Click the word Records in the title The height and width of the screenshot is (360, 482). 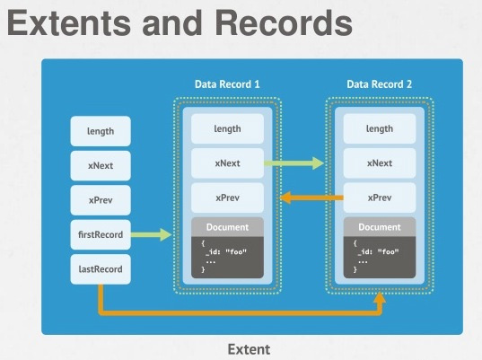pos(284,23)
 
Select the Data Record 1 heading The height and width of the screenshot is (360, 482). pos(227,84)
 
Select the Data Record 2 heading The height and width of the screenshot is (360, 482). pos(380,84)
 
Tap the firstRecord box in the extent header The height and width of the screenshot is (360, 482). pos(101,234)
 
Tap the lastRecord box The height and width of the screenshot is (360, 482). pos(101,269)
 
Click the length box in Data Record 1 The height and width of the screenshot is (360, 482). pos(227,128)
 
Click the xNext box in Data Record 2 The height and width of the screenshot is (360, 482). pos(380,162)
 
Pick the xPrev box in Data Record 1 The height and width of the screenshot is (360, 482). pos(227,198)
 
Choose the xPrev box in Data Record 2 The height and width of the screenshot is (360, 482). pos(380,198)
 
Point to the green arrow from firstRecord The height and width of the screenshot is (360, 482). pos(151,235)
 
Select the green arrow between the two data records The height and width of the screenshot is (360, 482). pos(294,162)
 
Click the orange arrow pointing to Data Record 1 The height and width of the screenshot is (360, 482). pos(312,198)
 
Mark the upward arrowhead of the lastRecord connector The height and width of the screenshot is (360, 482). pos(381,298)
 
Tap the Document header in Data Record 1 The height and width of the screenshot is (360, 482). pos(227,227)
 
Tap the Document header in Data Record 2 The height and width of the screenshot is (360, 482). pos(380,227)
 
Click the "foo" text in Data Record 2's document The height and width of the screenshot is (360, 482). pos(389,251)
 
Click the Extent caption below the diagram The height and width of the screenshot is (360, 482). pos(249,349)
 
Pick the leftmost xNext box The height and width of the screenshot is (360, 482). pos(101,166)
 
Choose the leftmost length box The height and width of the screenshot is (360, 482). pos(101,131)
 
